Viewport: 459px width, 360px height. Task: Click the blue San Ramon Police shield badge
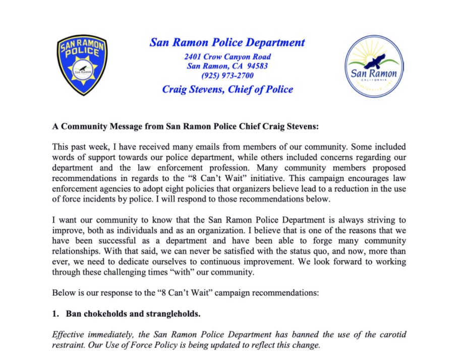(82, 65)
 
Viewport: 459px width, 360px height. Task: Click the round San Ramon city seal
(374, 67)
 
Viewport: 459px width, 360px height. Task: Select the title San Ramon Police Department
(227, 42)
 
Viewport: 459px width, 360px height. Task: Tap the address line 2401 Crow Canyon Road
(227, 57)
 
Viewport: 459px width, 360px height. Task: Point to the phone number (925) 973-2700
(227, 76)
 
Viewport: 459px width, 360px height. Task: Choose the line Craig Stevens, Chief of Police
(227, 90)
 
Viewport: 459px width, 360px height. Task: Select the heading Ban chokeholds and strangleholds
(133, 314)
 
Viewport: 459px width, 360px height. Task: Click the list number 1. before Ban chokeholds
(56, 314)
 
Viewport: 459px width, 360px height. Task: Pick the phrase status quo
(313, 251)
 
